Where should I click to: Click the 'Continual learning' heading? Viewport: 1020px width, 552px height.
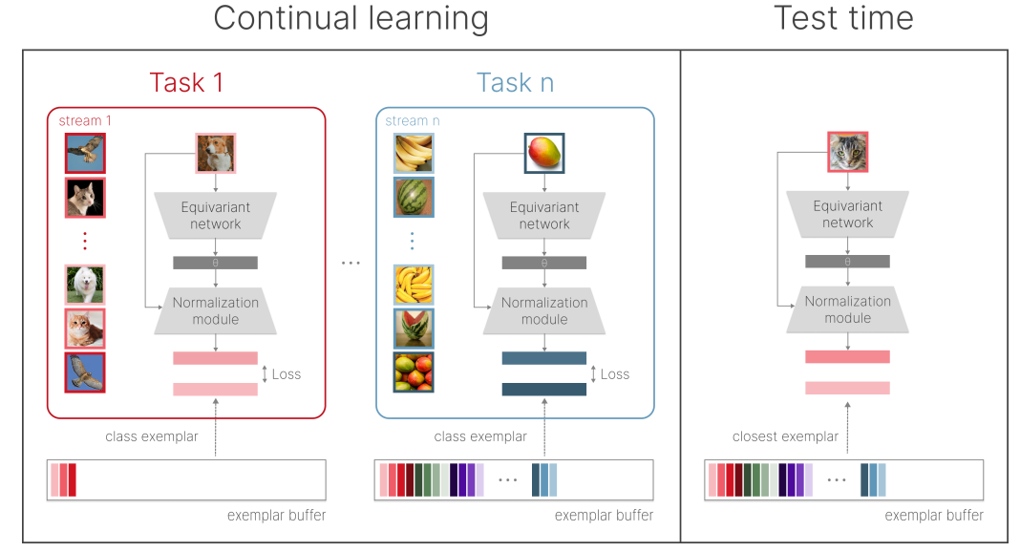tap(351, 19)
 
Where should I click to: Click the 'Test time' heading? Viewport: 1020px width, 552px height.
tap(843, 19)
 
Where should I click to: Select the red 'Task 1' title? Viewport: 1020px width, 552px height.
tap(186, 82)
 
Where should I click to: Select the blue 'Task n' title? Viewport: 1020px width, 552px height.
tap(515, 83)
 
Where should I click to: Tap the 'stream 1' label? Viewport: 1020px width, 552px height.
tap(85, 120)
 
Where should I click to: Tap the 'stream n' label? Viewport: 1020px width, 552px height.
tap(413, 121)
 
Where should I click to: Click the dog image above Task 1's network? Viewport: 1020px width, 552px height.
tap(216, 153)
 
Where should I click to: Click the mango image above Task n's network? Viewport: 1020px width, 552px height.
tap(544, 153)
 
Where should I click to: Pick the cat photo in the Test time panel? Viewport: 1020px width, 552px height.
tap(847, 152)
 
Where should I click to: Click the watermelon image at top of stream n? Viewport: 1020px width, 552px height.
tap(414, 197)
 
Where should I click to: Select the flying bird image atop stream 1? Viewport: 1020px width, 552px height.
tap(85, 153)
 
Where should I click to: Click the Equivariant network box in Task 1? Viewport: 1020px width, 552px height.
tap(216, 215)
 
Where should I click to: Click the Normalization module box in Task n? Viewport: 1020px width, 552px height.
tap(544, 310)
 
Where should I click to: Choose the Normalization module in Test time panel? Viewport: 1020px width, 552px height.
tap(847, 308)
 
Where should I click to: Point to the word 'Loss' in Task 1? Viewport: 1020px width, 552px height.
tap(287, 373)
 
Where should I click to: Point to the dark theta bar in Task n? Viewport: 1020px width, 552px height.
tap(544, 263)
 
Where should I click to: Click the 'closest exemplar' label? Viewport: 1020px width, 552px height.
tap(785, 436)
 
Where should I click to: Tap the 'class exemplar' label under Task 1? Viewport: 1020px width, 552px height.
tap(152, 436)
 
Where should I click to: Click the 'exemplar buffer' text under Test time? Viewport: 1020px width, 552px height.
tap(934, 515)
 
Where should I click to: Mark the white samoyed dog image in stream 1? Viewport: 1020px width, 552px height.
tap(85, 285)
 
